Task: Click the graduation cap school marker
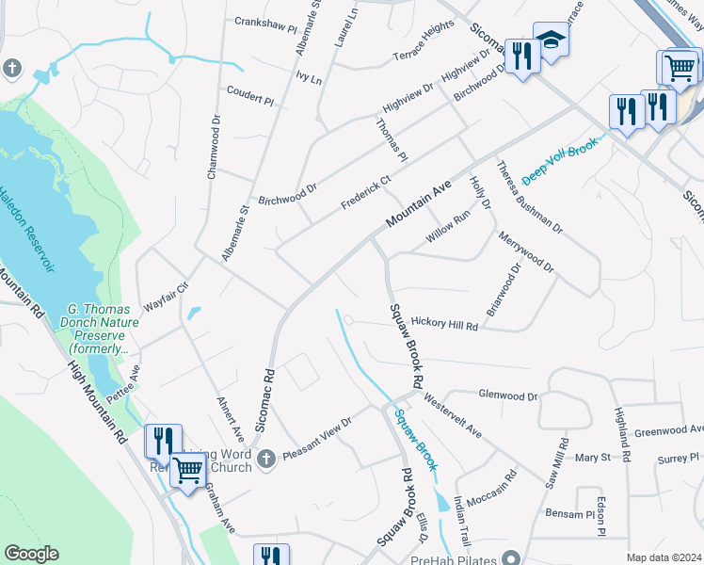coord(550,40)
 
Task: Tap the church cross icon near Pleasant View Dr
coord(266,459)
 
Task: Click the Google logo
coord(32,554)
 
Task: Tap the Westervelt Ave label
coord(453,417)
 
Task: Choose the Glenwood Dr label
coord(507,396)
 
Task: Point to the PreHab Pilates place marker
coord(511,557)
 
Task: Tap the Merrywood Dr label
coord(527,251)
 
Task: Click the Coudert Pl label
coord(249,95)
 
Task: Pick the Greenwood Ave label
coord(669,430)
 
